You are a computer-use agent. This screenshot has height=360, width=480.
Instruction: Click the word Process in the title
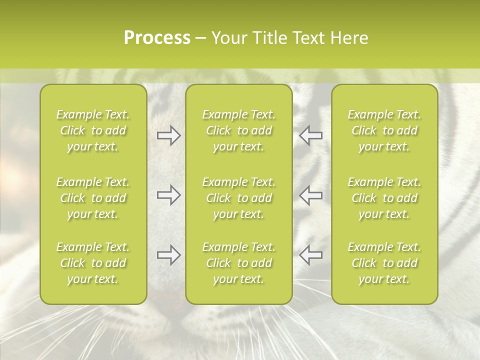tap(157, 38)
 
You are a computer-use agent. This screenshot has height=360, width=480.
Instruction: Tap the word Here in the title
tap(349, 38)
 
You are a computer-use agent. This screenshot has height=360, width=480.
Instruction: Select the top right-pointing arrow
tap(168, 135)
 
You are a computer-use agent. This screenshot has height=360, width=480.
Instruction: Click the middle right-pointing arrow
tap(168, 195)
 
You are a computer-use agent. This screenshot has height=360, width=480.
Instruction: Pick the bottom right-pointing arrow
tap(168, 255)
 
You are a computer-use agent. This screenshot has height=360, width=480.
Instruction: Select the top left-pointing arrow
tap(310, 135)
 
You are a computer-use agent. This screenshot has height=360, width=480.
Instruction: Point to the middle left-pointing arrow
tap(310, 195)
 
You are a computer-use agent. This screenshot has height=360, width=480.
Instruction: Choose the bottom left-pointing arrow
tap(310, 255)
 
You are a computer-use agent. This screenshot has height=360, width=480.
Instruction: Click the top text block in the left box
tap(93, 130)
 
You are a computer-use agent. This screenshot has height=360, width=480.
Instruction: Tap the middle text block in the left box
tap(93, 198)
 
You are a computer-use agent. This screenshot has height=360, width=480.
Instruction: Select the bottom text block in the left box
tap(93, 263)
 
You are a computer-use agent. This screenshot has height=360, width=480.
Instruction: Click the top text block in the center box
tap(239, 130)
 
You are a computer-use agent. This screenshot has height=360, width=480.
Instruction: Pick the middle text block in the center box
tap(239, 198)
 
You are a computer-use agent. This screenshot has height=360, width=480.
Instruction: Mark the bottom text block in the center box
tap(239, 263)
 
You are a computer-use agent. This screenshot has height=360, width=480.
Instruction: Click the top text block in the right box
tap(384, 130)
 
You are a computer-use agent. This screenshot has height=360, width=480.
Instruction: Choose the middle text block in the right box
tap(384, 198)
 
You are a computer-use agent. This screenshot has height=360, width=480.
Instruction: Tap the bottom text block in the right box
tap(384, 263)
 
